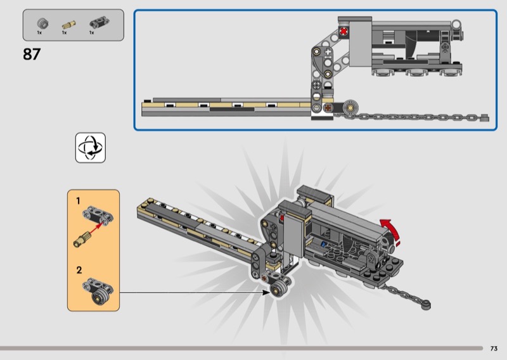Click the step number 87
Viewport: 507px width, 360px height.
[x=32, y=55]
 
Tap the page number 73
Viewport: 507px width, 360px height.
[x=494, y=349]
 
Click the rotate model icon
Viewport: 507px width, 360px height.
[x=91, y=148]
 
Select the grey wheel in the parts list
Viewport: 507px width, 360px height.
[x=42, y=23]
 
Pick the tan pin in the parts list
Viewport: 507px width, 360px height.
[x=68, y=25]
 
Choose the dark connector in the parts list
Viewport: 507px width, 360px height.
[x=99, y=23]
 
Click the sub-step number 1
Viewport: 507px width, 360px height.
[x=78, y=201]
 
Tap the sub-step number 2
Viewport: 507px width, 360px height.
[x=79, y=270]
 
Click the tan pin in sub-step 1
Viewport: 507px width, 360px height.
[x=83, y=239]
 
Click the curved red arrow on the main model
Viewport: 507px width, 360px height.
[x=390, y=230]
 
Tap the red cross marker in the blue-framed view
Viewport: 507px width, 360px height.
[x=343, y=32]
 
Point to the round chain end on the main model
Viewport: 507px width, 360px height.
[x=426, y=305]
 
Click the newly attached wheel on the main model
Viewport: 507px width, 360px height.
[x=278, y=288]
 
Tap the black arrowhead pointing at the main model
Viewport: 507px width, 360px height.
[x=266, y=292]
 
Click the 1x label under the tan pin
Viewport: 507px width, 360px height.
[x=65, y=33]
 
